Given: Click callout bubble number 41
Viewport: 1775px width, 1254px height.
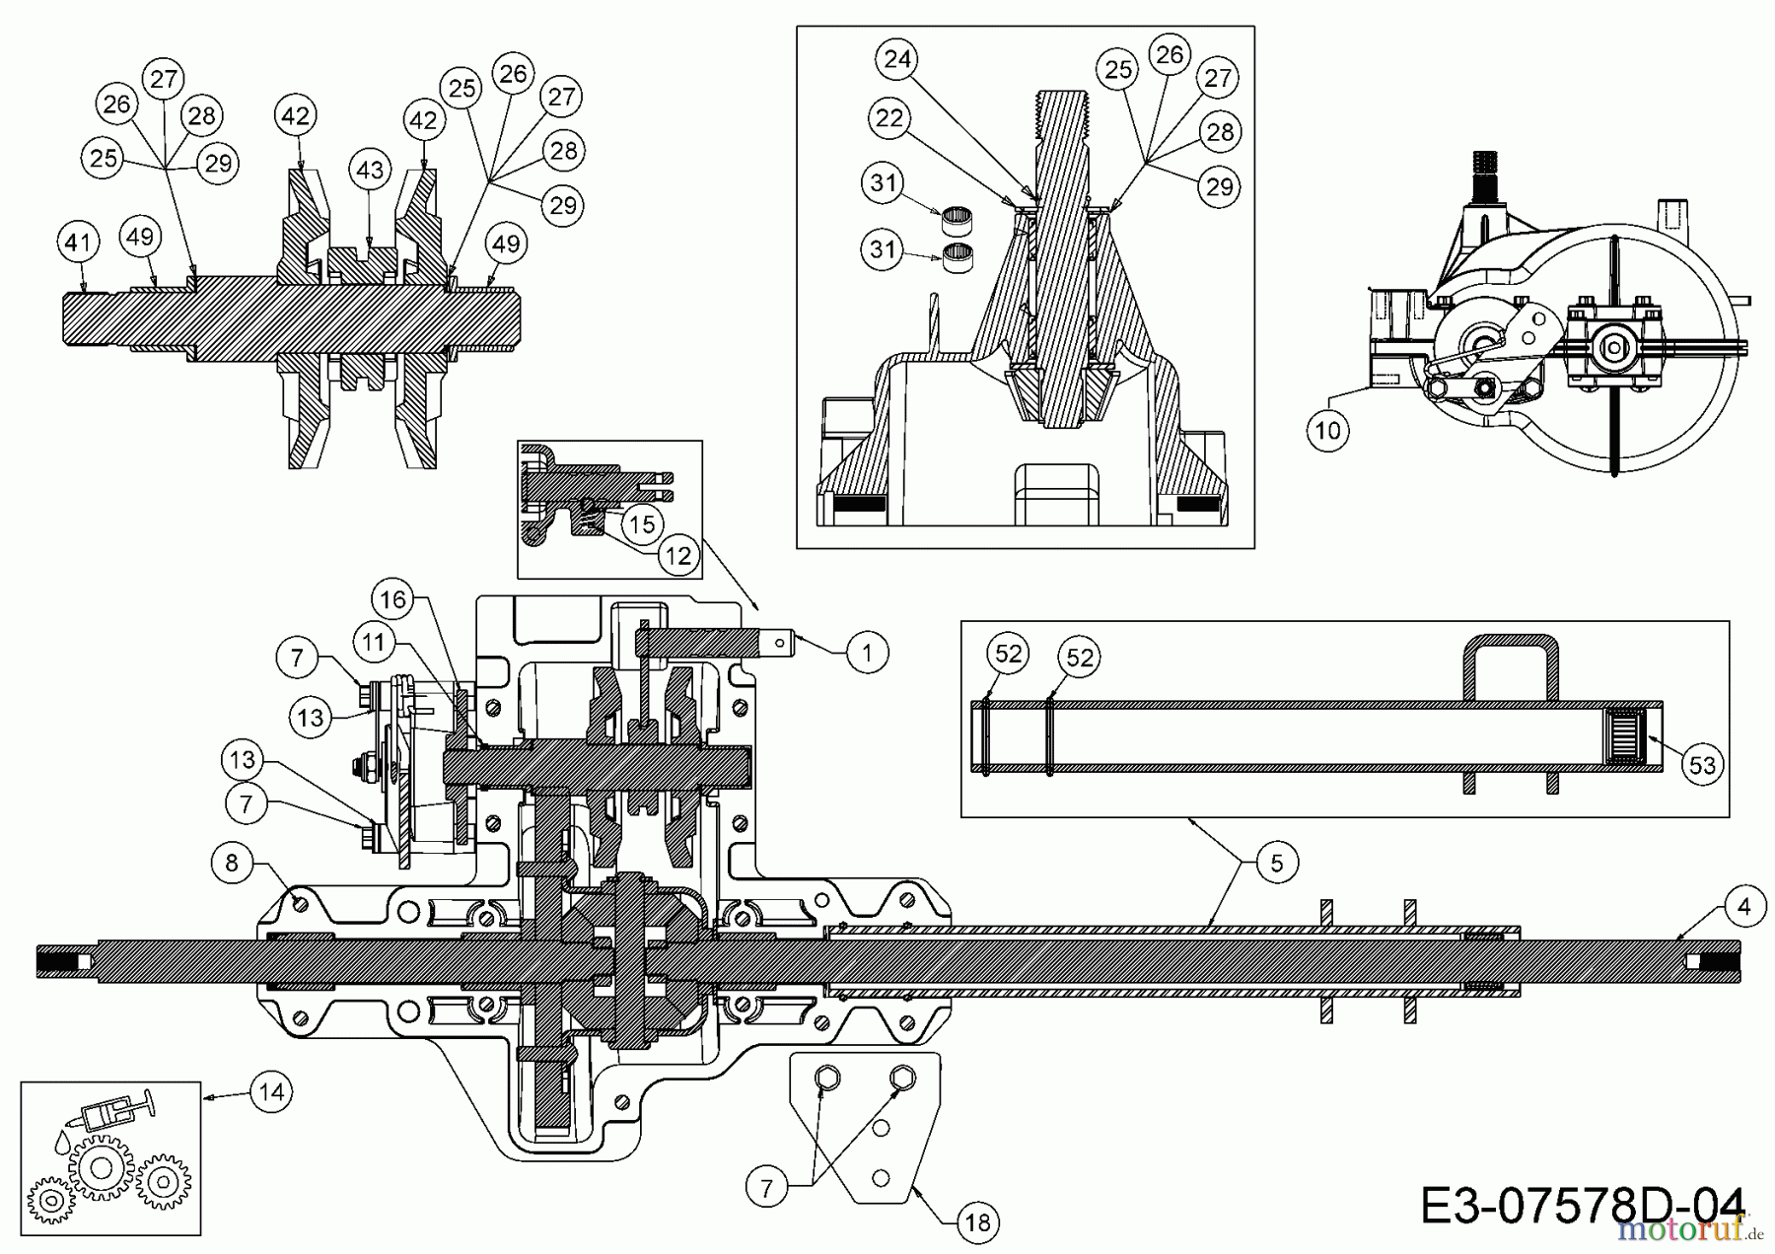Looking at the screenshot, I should pyautogui.click(x=79, y=242).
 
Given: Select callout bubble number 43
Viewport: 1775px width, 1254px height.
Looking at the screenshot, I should pyautogui.click(x=370, y=171).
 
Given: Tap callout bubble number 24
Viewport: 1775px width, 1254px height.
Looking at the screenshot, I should pyautogui.click(x=897, y=60).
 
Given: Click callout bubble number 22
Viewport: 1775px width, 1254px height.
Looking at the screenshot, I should pyautogui.click(x=889, y=119).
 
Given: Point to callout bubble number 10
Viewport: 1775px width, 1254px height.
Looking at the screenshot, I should pyautogui.click(x=1328, y=431).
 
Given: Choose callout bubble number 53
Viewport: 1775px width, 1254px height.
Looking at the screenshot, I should pyautogui.click(x=1703, y=765).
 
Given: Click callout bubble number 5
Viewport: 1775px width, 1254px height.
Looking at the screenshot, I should pyautogui.click(x=1277, y=864).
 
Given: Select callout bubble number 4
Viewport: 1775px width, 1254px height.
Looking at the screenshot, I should pyautogui.click(x=1744, y=906).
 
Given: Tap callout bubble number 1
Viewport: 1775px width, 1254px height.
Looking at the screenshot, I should pyautogui.click(x=867, y=652).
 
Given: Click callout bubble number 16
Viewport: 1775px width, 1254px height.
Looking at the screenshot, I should pyautogui.click(x=392, y=599).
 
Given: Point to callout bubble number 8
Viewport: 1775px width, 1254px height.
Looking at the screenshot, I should pyautogui.click(x=232, y=864).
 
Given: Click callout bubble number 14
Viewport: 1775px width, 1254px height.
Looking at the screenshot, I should pyautogui.click(x=272, y=1091).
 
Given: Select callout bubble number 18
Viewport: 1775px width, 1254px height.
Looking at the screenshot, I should pyautogui.click(x=978, y=1222).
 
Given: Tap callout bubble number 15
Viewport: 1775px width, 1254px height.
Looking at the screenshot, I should pyautogui.click(x=642, y=523).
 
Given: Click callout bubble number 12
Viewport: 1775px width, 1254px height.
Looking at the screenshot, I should pyautogui.click(x=677, y=556).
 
